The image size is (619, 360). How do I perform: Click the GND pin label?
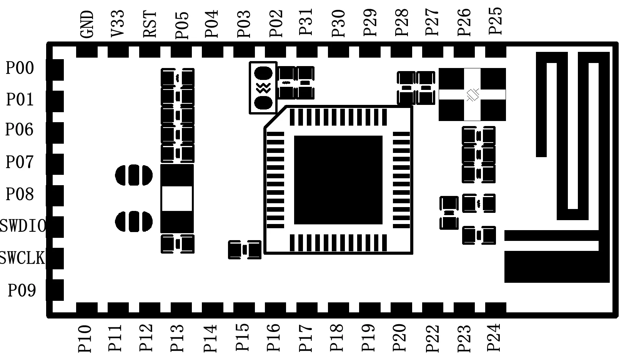pyautogui.click(x=88, y=24)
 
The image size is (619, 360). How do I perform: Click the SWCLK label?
pyautogui.click(x=22, y=258)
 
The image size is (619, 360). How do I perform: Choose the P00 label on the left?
pyautogui.click(x=20, y=68)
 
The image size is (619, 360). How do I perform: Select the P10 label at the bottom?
pyautogui.click(x=85, y=339)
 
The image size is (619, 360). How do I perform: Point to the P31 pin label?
pyautogui.click(x=306, y=22)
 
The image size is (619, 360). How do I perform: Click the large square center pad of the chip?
pyautogui.click(x=338, y=180)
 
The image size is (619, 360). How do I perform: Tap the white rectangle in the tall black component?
pyautogui.click(x=177, y=199)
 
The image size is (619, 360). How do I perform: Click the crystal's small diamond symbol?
pyautogui.click(x=473, y=95)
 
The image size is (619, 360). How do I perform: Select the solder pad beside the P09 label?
pyautogui.click(x=55, y=290)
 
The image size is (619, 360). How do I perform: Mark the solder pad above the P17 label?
pyautogui.click(x=307, y=308)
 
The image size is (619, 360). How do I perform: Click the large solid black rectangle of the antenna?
pyautogui.click(x=557, y=267)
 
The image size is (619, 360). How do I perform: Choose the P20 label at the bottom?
pyautogui.click(x=400, y=338)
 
